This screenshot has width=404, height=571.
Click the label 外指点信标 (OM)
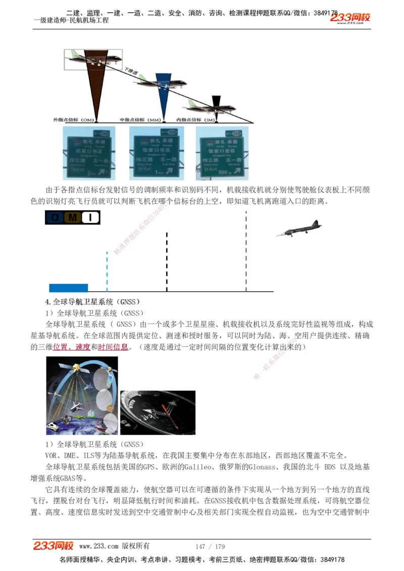click(74, 120)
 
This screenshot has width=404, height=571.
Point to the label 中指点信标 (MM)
click(140, 120)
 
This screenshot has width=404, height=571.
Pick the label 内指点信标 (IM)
click(194, 120)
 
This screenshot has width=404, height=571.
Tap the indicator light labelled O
click(55, 217)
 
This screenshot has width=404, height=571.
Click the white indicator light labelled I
click(90, 217)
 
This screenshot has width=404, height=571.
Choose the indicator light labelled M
click(72, 217)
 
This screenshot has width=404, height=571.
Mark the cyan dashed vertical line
click(107, 271)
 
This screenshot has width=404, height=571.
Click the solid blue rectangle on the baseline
click(68, 288)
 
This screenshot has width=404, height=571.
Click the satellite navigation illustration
click(82, 395)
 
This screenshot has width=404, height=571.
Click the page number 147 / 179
click(210, 546)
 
